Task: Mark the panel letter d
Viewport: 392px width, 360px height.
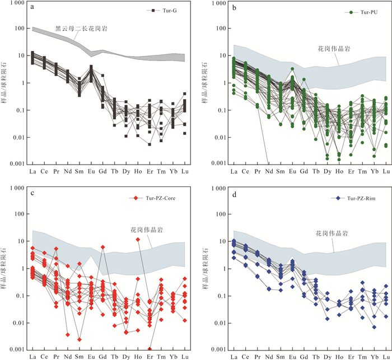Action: (234, 194)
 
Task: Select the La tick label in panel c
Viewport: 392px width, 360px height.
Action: (33, 357)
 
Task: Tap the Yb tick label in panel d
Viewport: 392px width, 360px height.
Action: (374, 357)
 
